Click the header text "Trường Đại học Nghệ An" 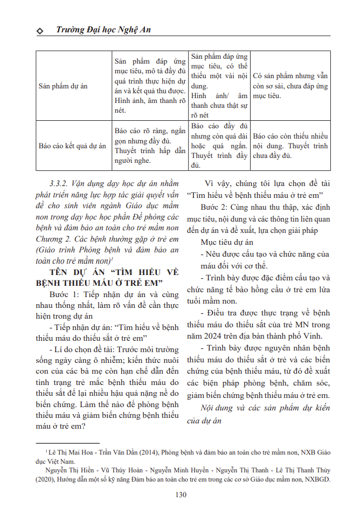point(103,30)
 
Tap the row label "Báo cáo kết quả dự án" point(72,146)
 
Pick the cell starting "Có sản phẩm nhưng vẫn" point(290,86)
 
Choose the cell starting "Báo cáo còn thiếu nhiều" point(290,146)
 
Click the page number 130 point(181,495)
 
